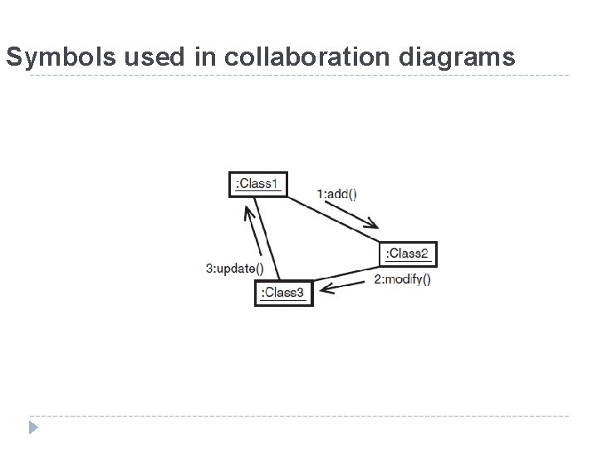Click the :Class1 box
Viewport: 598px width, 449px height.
click(257, 183)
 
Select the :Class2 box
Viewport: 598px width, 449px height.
click(408, 254)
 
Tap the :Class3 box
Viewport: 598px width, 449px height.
click(284, 293)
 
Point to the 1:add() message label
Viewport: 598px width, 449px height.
click(336, 194)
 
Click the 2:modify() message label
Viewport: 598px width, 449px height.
click(402, 279)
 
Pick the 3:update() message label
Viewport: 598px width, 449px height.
click(234, 268)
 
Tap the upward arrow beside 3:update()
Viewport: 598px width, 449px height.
click(254, 229)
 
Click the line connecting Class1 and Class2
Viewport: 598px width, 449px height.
click(332, 220)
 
